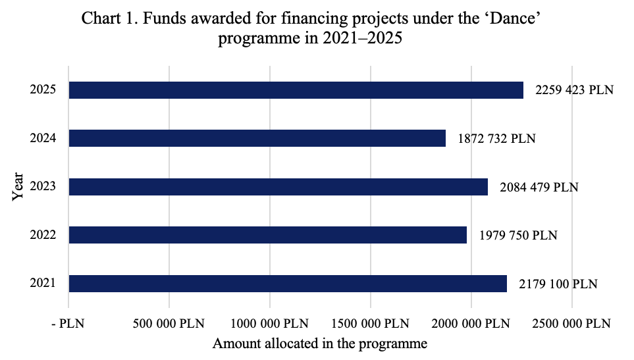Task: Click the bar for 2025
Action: [296, 90]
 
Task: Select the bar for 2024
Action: [257, 138]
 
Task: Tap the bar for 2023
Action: [278, 187]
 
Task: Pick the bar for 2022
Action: [268, 235]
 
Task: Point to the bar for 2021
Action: [288, 284]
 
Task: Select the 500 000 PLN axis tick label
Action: [169, 324]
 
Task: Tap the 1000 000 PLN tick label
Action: [270, 324]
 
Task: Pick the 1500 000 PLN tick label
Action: [371, 324]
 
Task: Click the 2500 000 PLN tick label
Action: [572, 324]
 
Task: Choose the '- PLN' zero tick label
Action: [68, 324]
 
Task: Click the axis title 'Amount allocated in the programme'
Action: [320, 344]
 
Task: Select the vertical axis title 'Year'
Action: [19, 187]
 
